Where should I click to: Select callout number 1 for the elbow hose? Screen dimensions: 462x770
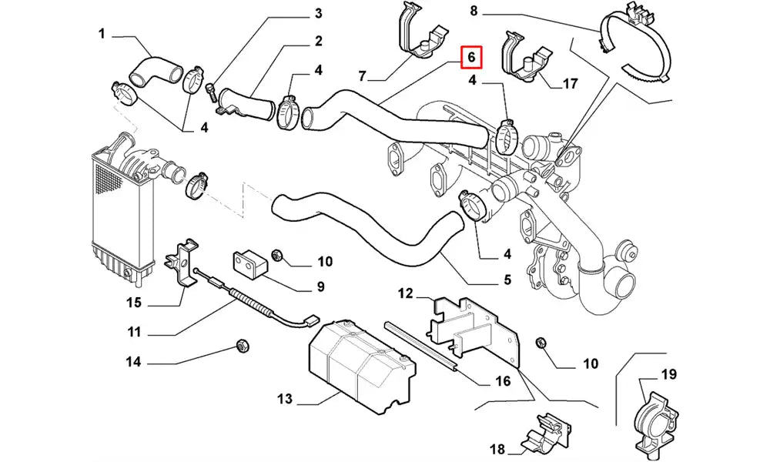tap(102, 33)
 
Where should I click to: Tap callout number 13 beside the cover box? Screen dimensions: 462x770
tap(285, 399)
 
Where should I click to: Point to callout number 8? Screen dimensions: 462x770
tap(474, 11)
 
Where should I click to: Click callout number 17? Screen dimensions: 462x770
tap(570, 84)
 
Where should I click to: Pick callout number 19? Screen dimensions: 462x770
tap(668, 375)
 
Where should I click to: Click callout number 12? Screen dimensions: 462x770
tap(406, 293)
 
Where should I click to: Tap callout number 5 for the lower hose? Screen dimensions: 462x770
tap(507, 280)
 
